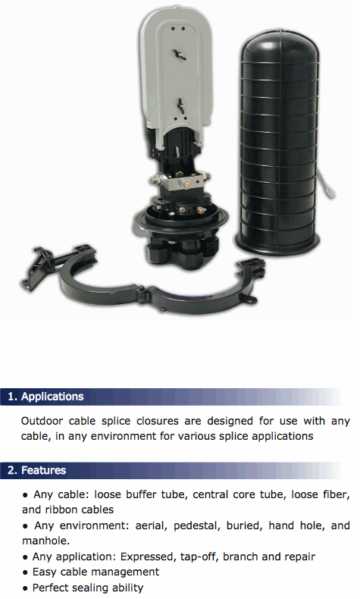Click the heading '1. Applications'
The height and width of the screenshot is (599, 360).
tap(45, 397)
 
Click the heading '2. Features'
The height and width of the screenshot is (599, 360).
tap(36, 470)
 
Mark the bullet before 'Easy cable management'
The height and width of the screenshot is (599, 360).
tap(25, 572)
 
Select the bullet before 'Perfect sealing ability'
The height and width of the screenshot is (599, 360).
tap(25, 588)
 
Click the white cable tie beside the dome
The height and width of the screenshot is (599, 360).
tap(327, 184)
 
